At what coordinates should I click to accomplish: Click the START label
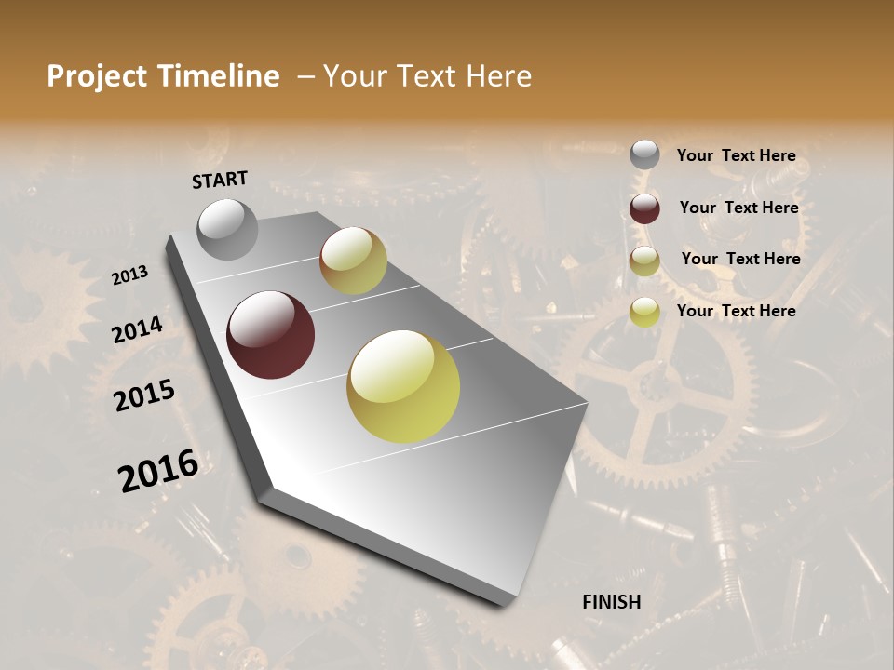tap(220, 180)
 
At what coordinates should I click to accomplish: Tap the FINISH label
tap(612, 602)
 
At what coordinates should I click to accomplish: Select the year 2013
tap(130, 275)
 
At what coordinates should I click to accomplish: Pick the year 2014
tap(138, 330)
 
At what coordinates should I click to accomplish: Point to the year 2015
tap(144, 395)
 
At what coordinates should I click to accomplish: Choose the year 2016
tap(158, 471)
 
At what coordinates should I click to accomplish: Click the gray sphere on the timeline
tap(227, 230)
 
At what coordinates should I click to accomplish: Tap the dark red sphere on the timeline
tap(271, 335)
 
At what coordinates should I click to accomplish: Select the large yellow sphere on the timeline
tap(403, 386)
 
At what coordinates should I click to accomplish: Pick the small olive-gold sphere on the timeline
tap(353, 261)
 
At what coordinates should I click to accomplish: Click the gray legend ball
tap(644, 155)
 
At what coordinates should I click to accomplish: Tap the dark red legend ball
tap(644, 208)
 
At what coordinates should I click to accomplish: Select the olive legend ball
tap(644, 261)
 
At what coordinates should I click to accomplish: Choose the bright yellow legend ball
tap(644, 312)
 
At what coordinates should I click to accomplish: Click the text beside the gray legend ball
tap(736, 156)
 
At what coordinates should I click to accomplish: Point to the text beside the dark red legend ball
tap(738, 208)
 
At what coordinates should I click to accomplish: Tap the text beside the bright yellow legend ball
tap(736, 311)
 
